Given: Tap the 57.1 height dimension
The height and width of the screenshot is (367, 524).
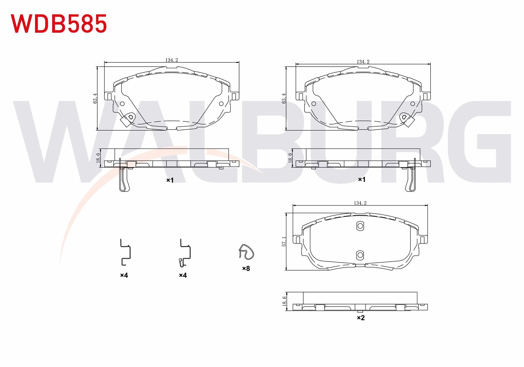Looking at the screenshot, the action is [x=284, y=242].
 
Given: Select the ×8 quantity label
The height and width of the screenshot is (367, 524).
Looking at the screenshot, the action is [x=246, y=269].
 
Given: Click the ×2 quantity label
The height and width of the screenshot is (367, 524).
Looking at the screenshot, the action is [x=361, y=318].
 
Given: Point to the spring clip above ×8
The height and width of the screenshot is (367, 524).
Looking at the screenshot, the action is [x=246, y=252].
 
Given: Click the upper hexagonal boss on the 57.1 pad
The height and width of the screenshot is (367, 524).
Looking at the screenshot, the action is [x=360, y=226].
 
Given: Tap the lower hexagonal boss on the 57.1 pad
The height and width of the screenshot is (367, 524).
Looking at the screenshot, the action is [x=360, y=255].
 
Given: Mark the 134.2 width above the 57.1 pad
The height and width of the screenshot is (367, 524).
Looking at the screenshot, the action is [x=360, y=203].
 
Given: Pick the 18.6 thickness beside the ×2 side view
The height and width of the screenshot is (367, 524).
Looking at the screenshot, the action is [x=284, y=301].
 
